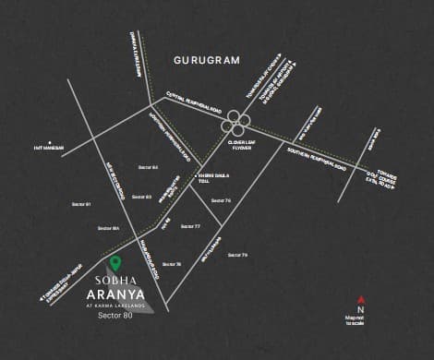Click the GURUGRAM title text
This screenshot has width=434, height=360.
pos(206,60)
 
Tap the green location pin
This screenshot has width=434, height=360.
pos(115,264)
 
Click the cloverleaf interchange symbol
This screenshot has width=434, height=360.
pos(236,122)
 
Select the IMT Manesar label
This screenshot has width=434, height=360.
pos(48,147)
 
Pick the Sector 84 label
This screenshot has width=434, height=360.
pos(147,167)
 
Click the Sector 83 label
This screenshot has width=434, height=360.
pos(140,197)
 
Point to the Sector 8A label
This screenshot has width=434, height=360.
pos(109,227)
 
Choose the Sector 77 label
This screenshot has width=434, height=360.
pos(190,226)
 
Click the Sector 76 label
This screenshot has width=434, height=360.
pos(221,200)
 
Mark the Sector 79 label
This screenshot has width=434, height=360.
pos(237,254)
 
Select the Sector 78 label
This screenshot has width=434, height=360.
pos(172,264)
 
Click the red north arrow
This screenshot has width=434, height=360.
pos(361,299)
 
